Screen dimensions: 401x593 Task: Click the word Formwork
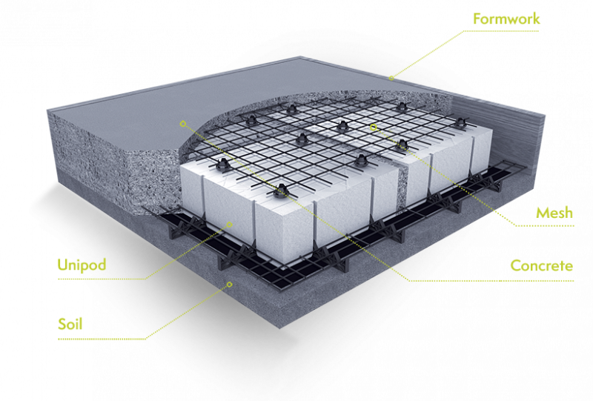[x=507, y=19]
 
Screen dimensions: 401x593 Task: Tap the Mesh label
[x=554, y=213]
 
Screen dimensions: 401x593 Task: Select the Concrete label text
[x=541, y=265]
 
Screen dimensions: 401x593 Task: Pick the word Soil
[x=70, y=324]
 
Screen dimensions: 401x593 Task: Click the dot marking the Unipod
[x=230, y=224]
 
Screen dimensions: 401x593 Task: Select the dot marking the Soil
[x=230, y=283]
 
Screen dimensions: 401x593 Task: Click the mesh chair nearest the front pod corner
[x=281, y=191]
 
